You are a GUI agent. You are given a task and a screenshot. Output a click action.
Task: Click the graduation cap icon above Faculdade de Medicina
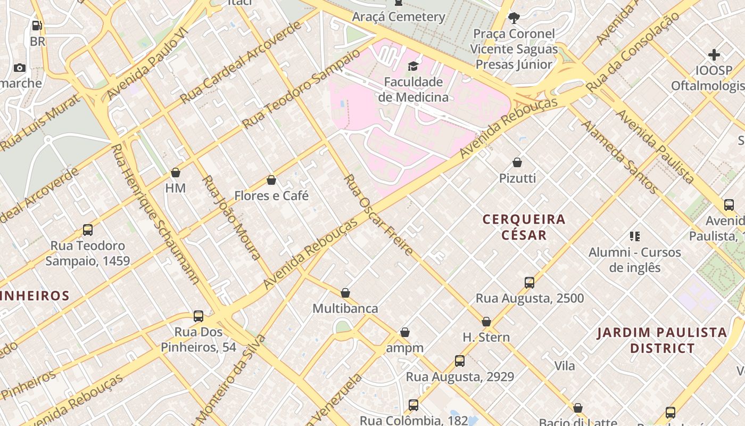(413, 66)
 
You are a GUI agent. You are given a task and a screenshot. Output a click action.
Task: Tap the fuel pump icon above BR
(37, 25)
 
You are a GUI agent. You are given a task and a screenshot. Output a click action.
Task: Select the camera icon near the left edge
(20, 68)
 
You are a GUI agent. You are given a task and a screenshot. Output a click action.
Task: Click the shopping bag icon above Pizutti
(517, 162)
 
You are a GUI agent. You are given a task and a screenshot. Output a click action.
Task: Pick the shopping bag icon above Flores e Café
(271, 180)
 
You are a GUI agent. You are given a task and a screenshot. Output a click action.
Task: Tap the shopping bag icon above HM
(176, 173)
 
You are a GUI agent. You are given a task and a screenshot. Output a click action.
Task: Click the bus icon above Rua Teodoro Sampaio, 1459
(88, 230)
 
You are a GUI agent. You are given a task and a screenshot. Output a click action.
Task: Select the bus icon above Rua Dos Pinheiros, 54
(198, 316)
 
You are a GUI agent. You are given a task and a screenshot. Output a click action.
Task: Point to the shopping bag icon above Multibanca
(345, 293)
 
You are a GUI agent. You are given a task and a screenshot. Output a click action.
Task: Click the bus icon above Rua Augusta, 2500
(529, 283)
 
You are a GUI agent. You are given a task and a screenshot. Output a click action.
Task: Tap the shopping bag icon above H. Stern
(486, 322)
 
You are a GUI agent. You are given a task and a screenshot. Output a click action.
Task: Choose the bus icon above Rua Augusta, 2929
(460, 361)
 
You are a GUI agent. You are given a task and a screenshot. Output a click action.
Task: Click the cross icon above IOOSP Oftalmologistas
(714, 55)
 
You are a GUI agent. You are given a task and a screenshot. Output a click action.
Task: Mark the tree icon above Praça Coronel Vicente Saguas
(514, 18)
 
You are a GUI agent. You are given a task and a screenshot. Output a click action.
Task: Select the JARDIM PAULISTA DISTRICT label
(662, 340)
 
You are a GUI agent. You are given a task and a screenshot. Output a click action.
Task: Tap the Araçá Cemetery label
(399, 17)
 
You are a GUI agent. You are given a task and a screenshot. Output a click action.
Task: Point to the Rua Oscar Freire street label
(379, 214)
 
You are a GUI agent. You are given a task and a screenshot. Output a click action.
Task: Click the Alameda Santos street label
(620, 157)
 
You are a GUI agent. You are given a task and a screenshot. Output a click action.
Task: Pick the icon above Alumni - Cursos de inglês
(634, 236)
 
